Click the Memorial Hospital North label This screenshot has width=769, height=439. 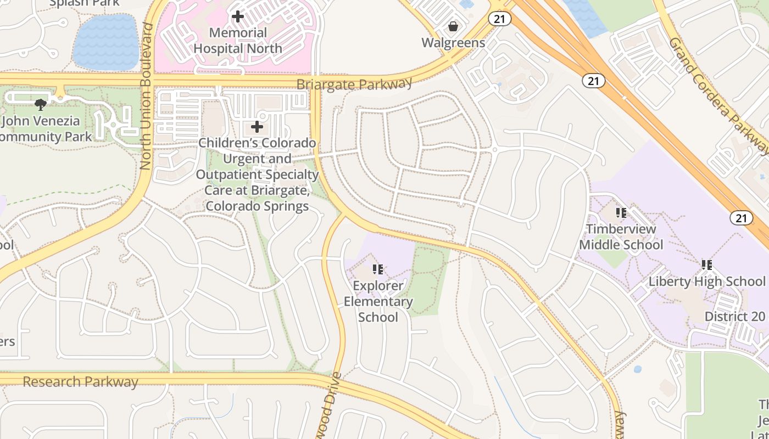point(238,41)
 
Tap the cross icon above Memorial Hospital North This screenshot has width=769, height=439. point(238,16)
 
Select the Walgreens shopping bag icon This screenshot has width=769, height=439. point(453,26)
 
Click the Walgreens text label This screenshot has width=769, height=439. point(453,43)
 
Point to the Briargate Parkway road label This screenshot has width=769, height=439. point(354,84)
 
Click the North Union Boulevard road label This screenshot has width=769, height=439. point(146,96)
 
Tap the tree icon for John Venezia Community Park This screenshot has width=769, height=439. point(40,104)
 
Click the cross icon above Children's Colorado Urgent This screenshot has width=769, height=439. point(257,127)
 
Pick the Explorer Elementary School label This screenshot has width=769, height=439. point(378,301)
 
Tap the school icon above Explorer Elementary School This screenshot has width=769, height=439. point(378,269)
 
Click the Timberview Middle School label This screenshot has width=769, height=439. point(621,237)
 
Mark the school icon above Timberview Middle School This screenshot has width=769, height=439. point(621,212)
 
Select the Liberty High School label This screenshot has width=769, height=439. point(707,282)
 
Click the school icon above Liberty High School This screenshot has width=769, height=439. point(707,265)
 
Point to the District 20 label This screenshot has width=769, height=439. point(735,317)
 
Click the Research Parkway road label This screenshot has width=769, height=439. point(80,381)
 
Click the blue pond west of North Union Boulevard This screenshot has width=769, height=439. point(105,42)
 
